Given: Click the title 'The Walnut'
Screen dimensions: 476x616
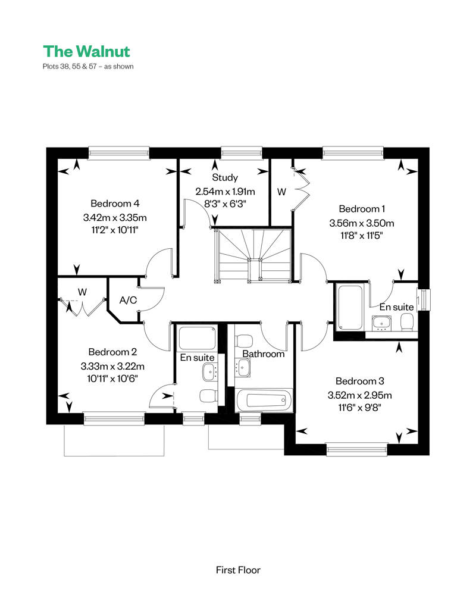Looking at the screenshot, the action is click(x=86, y=51).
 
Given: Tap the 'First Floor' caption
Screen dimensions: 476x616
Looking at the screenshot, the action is click(x=238, y=570).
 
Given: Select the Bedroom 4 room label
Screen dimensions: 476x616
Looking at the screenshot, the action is click(x=115, y=204).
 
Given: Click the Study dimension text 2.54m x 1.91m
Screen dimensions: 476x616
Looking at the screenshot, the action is click(x=225, y=192).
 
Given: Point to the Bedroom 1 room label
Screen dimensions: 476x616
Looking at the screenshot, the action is click(x=362, y=209).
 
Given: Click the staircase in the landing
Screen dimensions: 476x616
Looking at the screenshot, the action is click(x=253, y=255).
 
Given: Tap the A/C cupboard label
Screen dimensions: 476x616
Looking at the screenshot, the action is click(x=128, y=301).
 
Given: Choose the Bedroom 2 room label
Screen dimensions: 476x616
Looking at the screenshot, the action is click(x=112, y=352).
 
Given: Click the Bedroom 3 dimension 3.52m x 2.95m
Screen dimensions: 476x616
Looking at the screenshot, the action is click(x=360, y=395).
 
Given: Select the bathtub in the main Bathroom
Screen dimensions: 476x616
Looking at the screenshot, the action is click(x=264, y=401).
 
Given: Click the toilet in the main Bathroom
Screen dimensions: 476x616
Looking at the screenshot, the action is click(x=243, y=340).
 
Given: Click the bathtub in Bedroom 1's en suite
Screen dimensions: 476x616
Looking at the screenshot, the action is click(x=349, y=307).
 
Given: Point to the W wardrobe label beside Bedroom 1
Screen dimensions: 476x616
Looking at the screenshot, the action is click(x=281, y=192).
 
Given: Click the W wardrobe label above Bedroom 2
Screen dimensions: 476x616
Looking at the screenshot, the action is click(x=82, y=292).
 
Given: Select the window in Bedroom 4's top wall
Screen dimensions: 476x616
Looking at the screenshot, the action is click(x=119, y=153).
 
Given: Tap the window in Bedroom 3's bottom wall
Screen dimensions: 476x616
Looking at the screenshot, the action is click(x=357, y=449).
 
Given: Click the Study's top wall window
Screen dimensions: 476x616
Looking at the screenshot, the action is click(x=242, y=153).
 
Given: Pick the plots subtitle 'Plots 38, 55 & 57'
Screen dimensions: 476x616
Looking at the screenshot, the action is click(x=70, y=67).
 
